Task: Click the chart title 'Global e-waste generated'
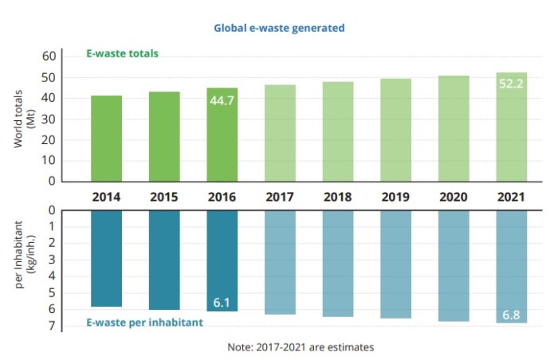click(279, 28)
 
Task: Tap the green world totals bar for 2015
click(164, 136)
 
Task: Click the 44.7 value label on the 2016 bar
click(222, 101)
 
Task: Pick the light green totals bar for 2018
click(338, 131)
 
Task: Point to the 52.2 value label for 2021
click(511, 83)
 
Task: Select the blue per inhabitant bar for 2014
click(106, 258)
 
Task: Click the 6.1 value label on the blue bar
click(222, 303)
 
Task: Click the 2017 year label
click(280, 196)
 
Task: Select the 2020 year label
click(454, 196)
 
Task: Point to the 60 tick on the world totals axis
click(50, 57)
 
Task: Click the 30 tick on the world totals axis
click(50, 119)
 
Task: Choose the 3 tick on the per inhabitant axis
click(50, 260)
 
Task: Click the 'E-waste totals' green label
click(122, 54)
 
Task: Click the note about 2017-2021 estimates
click(301, 347)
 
